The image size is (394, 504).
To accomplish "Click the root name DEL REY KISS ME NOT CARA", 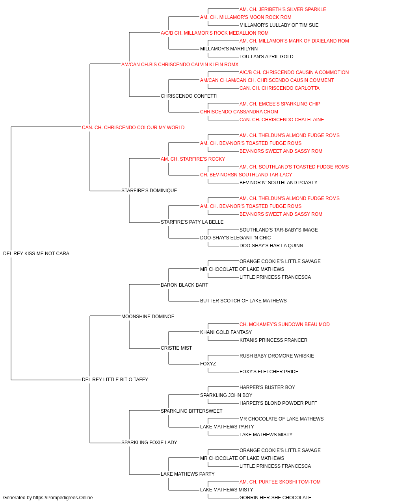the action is [x=36, y=254].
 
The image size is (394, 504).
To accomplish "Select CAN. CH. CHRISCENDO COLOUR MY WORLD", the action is [x=133, y=128].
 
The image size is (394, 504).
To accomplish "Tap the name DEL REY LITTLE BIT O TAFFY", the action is [x=115, y=380].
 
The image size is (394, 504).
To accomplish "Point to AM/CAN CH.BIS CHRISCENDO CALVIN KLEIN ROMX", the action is [x=180, y=65].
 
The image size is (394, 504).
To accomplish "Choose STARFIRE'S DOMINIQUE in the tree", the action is [x=149, y=191].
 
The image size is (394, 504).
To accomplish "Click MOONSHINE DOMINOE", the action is [x=148, y=316].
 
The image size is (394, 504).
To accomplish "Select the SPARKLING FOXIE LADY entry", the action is [x=149, y=442].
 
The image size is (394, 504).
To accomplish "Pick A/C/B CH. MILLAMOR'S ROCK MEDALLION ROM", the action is [x=215, y=33].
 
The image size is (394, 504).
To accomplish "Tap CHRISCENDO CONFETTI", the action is [x=189, y=96].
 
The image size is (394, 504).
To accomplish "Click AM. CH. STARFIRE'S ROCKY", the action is [x=193, y=159].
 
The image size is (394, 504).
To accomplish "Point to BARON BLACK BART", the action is [x=184, y=285].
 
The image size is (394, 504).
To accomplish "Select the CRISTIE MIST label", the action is [x=177, y=348].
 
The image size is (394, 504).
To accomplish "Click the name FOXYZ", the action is [x=208, y=364].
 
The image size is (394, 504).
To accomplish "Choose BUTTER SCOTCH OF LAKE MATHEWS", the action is [x=243, y=300].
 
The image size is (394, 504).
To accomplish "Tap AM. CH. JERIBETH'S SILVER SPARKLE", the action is [x=283, y=9].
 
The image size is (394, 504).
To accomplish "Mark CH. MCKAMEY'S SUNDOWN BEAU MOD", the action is [x=284, y=324].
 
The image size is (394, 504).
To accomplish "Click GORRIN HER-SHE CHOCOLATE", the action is [x=275, y=498].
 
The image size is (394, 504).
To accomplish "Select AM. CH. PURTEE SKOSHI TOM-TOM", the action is [x=280, y=482].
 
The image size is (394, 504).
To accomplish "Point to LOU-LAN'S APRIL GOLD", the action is [x=266, y=57].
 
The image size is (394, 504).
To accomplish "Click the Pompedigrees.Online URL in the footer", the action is [x=63, y=498].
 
